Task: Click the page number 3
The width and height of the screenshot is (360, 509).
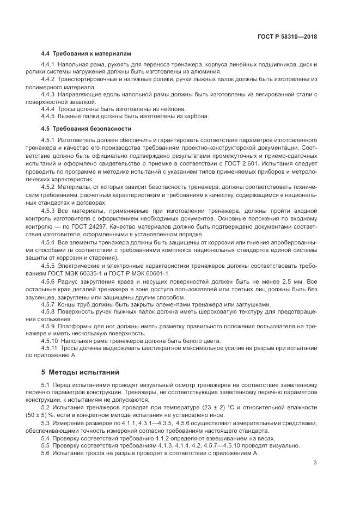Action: (x=315, y=463)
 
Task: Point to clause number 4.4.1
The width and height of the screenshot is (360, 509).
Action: (x=48, y=65)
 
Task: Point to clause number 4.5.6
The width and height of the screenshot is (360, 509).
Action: (x=48, y=281)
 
